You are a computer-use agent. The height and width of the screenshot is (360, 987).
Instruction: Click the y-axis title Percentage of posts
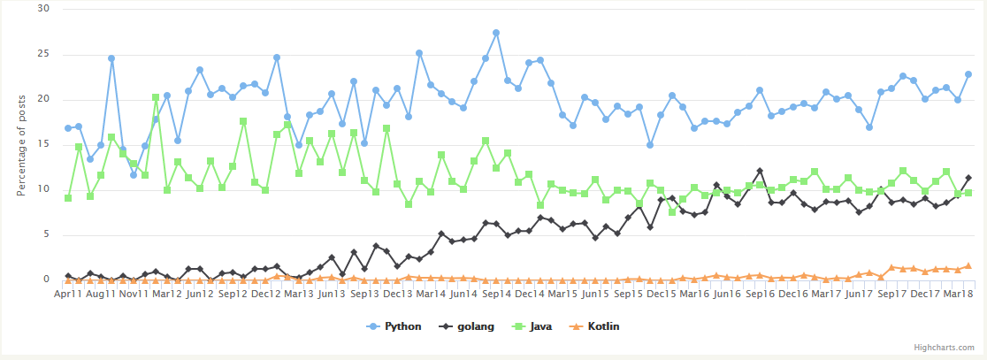click(x=21, y=144)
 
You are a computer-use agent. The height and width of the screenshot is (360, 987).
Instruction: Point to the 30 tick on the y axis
click(x=44, y=9)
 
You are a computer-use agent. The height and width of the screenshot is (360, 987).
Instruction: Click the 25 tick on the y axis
click(x=44, y=54)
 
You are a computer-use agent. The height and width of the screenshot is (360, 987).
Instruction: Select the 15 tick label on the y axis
click(x=44, y=144)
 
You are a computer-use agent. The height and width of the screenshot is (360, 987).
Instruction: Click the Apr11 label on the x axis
click(x=69, y=293)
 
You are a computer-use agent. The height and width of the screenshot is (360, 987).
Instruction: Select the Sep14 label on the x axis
click(x=497, y=293)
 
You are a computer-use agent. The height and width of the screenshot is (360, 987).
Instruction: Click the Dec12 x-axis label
click(x=266, y=293)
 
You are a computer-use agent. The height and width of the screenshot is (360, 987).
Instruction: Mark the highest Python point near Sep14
click(x=496, y=33)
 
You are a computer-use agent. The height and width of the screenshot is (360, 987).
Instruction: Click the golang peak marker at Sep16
click(x=760, y=171)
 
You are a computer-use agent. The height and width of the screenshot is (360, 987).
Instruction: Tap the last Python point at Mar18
click(x=968, y=74)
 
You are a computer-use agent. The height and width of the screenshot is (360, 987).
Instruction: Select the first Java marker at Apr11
click(x=68, y=198)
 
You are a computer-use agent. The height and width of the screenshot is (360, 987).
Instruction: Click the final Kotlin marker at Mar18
click(x=968, y=265)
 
